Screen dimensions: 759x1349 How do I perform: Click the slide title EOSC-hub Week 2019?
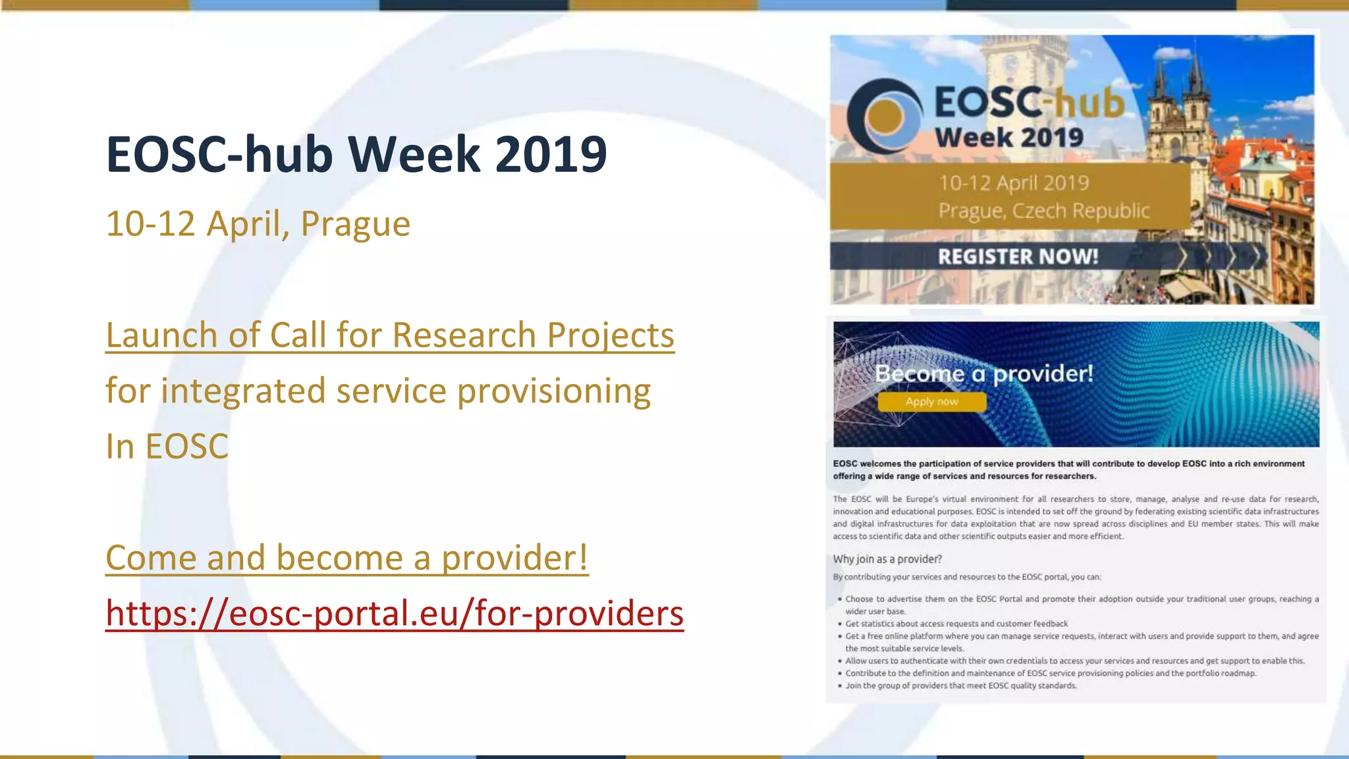point(356,154)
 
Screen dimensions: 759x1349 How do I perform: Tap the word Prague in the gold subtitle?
point(355,224)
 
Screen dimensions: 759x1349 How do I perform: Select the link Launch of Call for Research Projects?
point(390,335)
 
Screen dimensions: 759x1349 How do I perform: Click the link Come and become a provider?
point(346,558)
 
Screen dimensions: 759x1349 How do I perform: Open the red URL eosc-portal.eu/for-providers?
point(395,613)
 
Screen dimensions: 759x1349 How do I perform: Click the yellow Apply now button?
point(931,402)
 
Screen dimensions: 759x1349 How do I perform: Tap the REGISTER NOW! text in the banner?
point(1018,256)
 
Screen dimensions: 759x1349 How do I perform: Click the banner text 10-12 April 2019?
point(1013,183)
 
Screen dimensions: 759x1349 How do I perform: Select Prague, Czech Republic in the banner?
point(1043,211)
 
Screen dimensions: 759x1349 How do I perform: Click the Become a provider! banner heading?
point(984,374)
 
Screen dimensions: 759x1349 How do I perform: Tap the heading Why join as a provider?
point(887,559)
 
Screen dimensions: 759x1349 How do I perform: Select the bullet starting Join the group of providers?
point(961,686)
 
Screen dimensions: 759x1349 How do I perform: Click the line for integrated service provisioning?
point(378,391)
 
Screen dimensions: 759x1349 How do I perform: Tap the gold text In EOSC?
point(167,447)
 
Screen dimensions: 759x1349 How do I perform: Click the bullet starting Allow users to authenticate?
point(1074,661)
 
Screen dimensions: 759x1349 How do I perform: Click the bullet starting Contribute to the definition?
point(1051,673)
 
